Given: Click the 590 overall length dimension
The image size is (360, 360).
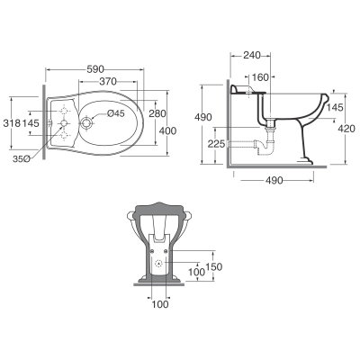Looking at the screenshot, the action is [95, 69].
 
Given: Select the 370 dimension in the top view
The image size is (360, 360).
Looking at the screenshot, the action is [108, 81].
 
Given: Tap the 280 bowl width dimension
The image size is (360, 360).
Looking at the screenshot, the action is [157, 113].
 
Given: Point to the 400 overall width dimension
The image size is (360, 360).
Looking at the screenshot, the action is [167, 130].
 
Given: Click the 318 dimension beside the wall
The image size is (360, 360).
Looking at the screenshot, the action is [12, 122].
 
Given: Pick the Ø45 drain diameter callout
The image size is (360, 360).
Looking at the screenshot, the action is [116, 113].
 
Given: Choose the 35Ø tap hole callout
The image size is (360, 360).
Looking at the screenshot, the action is [21, 159].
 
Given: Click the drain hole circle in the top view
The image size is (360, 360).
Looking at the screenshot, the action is [87, 123].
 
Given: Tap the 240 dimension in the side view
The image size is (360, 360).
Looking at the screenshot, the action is [252, 55].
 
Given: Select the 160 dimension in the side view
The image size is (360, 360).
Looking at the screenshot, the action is [260, 77].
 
